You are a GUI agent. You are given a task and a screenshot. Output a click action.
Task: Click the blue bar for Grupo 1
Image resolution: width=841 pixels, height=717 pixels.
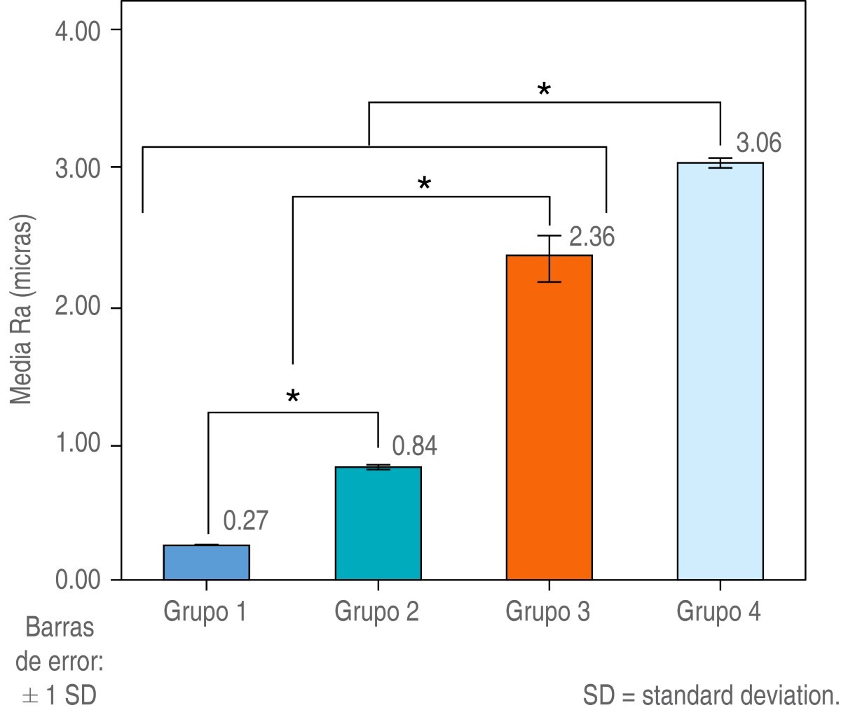click(x=206, y=562)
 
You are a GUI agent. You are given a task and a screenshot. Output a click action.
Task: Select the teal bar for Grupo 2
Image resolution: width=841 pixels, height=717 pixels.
click(x=378, y=523)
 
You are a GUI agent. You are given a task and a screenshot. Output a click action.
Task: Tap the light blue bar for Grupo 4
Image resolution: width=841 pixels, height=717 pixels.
click(x=720, y=371)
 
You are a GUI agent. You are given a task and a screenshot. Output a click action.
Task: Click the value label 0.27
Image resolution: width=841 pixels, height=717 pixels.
click(x=246, y=520)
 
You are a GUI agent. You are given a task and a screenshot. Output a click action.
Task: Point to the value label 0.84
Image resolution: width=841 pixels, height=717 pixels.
click(x=414, y=446)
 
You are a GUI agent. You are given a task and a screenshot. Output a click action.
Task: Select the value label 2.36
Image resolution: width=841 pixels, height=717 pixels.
click(x=592, y=237)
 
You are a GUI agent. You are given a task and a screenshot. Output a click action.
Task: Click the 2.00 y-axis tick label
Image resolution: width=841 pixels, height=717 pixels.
click(x=77, y=308)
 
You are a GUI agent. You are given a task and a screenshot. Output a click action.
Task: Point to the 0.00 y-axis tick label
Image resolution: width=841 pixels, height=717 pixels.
click(x=77, y=580)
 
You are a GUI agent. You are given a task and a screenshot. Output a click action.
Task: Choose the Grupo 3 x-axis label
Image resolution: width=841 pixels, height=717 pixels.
click(x=548, y=612)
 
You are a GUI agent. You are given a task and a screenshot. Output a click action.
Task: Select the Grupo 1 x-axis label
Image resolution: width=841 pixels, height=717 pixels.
click(x=205, y=612)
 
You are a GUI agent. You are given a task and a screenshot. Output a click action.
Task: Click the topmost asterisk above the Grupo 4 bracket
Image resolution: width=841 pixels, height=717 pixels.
click(x=544, y=90)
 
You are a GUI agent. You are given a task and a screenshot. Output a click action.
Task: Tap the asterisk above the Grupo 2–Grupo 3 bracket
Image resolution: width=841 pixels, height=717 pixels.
click(x=424, y=185)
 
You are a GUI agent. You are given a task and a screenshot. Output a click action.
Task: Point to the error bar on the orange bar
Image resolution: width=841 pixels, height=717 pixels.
click(x=549, y=258)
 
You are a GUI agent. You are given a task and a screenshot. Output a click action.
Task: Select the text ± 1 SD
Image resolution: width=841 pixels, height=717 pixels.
click(x=59, y=696)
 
